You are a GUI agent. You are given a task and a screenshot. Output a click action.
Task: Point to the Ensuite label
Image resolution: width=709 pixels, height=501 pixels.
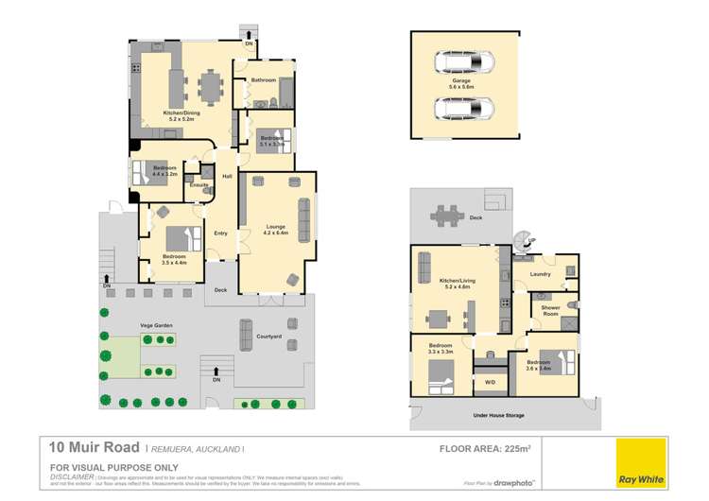[x=199, y=184]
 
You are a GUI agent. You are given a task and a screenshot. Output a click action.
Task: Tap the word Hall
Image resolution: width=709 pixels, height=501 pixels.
[x=227, y=177]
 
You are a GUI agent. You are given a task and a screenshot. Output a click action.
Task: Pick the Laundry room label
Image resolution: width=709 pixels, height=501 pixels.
[x=540, y=275]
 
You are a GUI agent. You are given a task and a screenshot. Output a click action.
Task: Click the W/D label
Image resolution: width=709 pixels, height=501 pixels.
[x=490, y=382]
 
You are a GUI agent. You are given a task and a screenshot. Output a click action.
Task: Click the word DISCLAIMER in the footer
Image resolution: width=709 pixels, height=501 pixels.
[x=72, y=475]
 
